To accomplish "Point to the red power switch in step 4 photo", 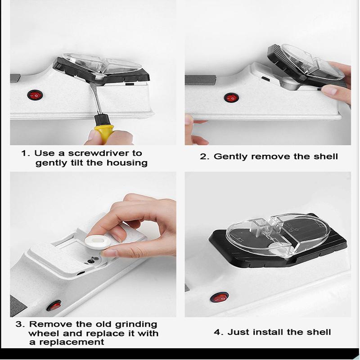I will pyautogui.click(x=220, y=297).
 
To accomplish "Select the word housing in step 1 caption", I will pyautogui.click(x=129, y=163).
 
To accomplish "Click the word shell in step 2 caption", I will pyautogui.click(x=324, y=157).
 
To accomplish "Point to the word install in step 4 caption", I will pyautogui.click(x=267, y=332).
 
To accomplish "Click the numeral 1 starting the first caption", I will pyautogui.click(x=24, y=153).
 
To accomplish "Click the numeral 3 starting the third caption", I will pyautogui.click(x=19, y=324).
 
